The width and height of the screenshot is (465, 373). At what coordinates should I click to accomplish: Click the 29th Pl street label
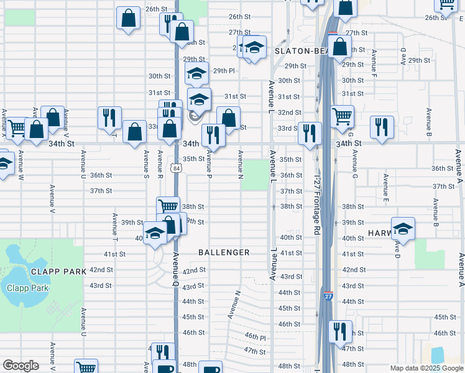[x=224, y=71]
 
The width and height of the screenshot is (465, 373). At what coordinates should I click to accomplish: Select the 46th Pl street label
[x=255, y=336]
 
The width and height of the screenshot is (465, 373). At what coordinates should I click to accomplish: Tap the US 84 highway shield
[x=178, y=168]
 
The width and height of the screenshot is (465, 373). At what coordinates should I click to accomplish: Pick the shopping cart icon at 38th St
[x=168, y=206]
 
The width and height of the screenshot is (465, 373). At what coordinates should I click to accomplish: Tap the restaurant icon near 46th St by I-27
[x=339, y=331]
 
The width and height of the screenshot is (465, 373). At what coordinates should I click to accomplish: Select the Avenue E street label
[x=386, y=185]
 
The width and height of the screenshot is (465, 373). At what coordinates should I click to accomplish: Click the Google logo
[x=21, y=366]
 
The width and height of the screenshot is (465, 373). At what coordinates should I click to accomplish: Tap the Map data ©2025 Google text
[x=426, y=368]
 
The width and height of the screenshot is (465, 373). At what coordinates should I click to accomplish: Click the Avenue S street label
[x=146, y=164]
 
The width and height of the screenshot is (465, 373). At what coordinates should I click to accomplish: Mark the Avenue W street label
[x=21, y=164]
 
